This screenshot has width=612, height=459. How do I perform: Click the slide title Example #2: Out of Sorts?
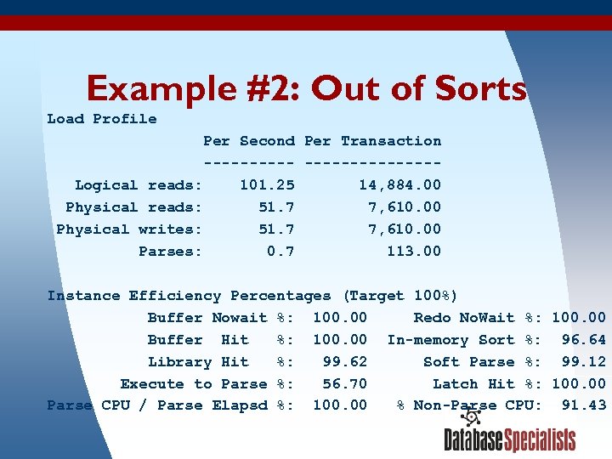(306, 88)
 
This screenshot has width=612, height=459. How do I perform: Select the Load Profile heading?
(102, 119)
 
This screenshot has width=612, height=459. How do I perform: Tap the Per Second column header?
(249, 141)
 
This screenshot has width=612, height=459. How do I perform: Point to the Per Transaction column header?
(372, 141)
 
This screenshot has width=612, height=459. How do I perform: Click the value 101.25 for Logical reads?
(267, 185)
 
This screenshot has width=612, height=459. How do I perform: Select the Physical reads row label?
(133, 207)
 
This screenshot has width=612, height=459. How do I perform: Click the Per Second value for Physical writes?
(276, 229)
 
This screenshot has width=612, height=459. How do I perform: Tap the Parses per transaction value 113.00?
(414, 252)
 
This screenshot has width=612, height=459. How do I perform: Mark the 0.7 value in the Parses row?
(280, 252)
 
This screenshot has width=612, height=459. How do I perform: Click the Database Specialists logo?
(509, 439)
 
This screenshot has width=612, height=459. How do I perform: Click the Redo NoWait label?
(464, 318)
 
